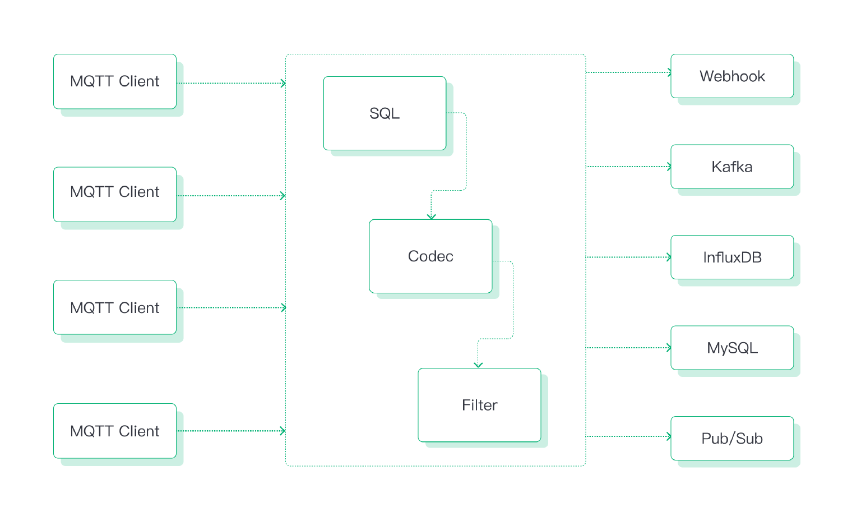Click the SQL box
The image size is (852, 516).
(384, 113)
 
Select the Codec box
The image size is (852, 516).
(430, 256)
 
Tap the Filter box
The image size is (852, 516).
(479, 405)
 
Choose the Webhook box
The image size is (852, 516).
(732, 76)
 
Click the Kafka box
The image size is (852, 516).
(732, 167)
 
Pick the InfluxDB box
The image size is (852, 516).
(732, 257)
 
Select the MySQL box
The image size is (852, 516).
(732, 348)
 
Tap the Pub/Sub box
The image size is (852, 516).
(732, 439)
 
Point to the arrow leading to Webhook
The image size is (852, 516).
(628, 72)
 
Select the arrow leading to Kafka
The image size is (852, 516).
(628, 167)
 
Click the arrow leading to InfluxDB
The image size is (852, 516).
(628, 257)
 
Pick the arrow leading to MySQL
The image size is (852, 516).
(628, 348)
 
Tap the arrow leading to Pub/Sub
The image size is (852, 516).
(628, 436)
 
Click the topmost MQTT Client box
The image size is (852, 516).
(115, 81)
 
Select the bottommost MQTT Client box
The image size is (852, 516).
(115, 431)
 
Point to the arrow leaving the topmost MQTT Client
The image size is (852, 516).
(231, 83)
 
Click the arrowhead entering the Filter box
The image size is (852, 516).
(478, 365)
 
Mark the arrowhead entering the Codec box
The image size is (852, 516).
(432, 217)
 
